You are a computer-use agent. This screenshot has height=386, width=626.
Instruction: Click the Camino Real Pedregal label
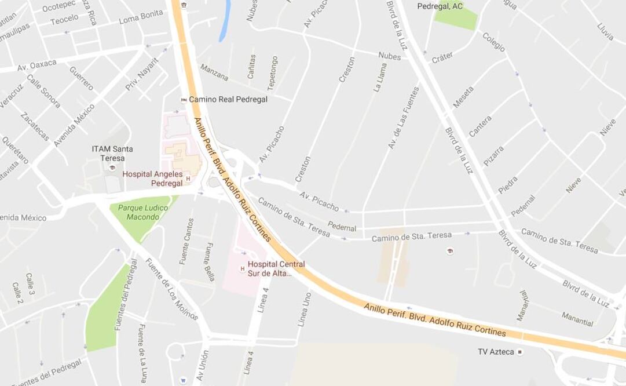click(x=228, y=99)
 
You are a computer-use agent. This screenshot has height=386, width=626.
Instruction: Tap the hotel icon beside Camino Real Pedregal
click(x=184, y=100)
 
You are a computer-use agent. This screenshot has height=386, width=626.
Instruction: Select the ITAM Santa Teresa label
click(x=112, y=154)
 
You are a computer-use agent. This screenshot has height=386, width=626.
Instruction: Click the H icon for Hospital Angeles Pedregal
click(x=188, y=179)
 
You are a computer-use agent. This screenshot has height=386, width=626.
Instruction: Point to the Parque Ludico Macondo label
click(x=138, y=212)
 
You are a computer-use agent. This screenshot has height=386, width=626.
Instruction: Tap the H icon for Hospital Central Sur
click(x=242, y=268)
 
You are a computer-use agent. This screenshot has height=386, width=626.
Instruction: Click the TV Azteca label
click(x=496, y=352)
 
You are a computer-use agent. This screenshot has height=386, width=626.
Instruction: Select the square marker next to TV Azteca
click(x=520, y=352)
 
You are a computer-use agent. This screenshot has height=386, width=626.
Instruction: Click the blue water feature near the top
click(x=225, y=21)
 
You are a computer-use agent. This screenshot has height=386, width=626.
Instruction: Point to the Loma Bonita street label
click(x=141, y=16)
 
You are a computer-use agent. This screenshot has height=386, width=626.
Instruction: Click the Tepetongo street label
click(x=272, y=73)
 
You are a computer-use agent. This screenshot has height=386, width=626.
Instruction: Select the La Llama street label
click(x=380, y=78)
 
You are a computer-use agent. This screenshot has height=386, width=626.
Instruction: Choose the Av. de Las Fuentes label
click(x=404, y=118)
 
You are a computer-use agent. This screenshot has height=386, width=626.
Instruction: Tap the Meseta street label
click(x=463, y=97)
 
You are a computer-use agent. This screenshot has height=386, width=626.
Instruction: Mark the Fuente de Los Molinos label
click(x=171, y=289)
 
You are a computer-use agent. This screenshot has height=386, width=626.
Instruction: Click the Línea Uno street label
click(x=304, y=309)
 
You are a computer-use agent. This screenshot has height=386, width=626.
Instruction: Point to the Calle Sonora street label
click(x=43, y=91)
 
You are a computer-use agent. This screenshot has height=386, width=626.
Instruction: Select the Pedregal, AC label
click(x=440, y=6)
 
